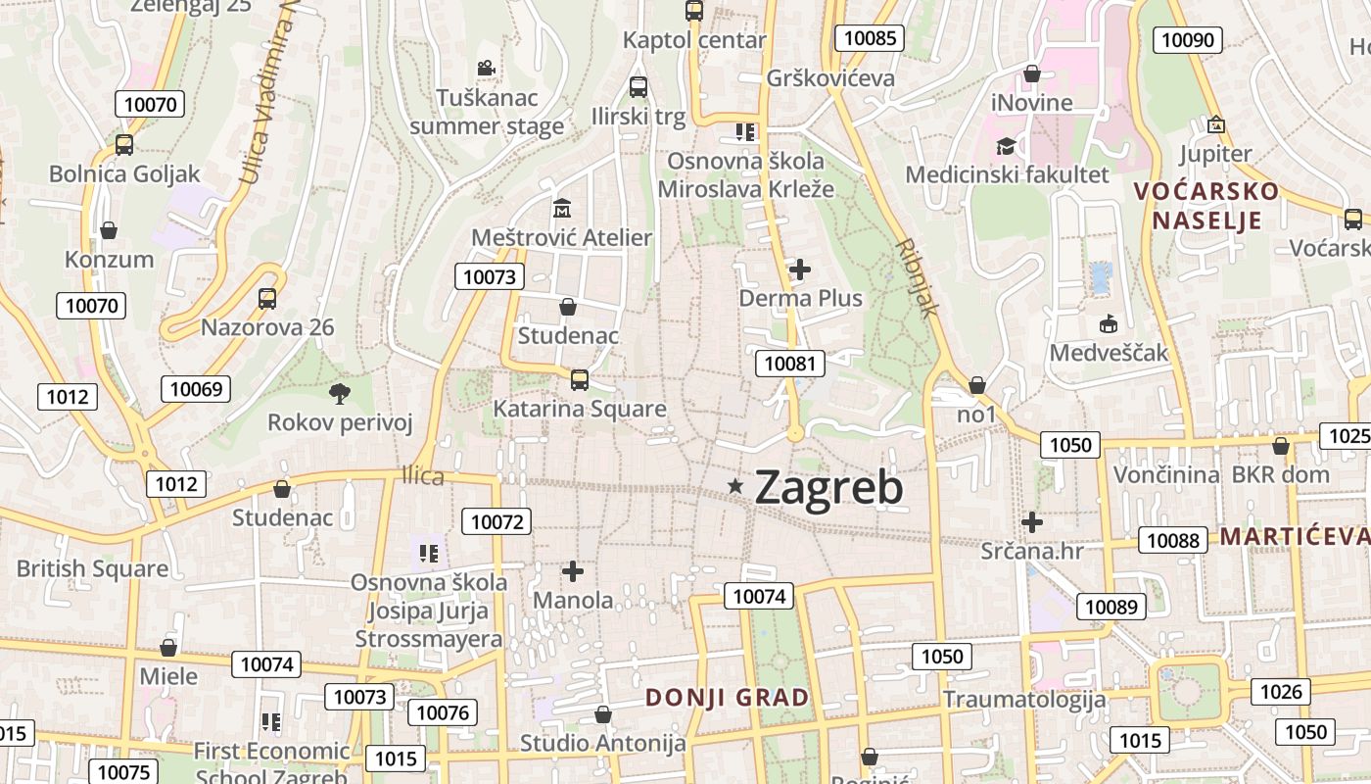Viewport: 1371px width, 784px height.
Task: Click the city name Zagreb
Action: point(828,487)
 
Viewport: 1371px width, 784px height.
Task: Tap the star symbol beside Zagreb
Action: point(735,485)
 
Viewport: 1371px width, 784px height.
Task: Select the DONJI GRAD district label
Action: point(728,698)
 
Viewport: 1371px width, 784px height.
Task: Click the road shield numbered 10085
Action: point(869,38)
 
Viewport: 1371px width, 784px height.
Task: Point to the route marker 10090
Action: point(1187,39)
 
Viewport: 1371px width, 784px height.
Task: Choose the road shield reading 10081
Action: point(789,364)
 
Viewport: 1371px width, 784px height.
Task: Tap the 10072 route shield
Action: point(497,521)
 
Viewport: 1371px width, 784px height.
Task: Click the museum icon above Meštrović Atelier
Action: point(562,208)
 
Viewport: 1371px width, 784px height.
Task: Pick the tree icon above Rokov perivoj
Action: point(340,394)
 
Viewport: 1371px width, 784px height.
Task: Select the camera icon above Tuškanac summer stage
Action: point(486,68)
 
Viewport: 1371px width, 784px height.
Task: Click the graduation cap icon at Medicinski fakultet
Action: point(1006,146)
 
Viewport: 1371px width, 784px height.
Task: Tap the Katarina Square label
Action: point(580,409)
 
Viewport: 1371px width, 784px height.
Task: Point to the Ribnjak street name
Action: point(918,277)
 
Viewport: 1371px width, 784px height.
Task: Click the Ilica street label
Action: point(423,476)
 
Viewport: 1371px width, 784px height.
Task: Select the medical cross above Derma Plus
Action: point(800,269)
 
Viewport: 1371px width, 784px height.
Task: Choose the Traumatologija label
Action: point(1024,699)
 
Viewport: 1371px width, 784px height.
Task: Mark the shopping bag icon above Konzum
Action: point(109,230)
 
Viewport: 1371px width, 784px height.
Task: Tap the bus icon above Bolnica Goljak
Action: point(124,145)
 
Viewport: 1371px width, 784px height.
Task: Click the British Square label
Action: point(92,568)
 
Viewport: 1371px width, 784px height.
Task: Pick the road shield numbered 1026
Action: point(1281,692)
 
